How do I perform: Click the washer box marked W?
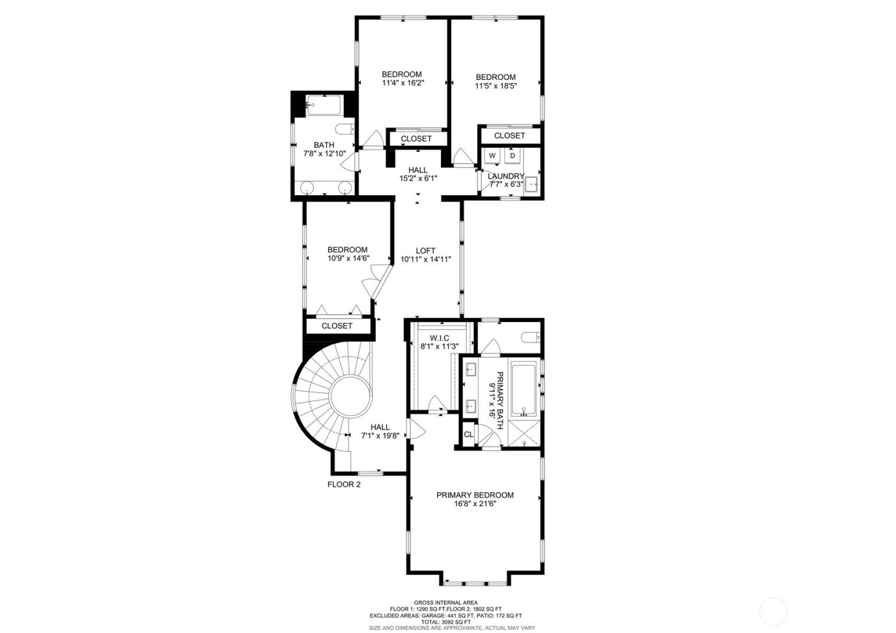click(x=492, y=156)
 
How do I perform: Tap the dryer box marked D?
click(x=512, y=156)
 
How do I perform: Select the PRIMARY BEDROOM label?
click(x=475, y=495)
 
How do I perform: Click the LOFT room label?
click(x=426, y=250)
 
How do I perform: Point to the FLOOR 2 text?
click(x=344, y=485)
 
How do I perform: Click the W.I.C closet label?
click(x=439, y=337)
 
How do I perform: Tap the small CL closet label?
click(x=468, y=434)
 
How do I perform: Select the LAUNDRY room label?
click(x=506, y=176)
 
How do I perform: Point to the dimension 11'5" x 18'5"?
click(x=495, y=86)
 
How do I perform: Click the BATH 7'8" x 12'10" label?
click(x=324, y=149)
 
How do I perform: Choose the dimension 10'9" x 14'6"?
click(x=348, y=259)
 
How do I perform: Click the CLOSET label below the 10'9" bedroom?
click(x=337, y=326)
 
